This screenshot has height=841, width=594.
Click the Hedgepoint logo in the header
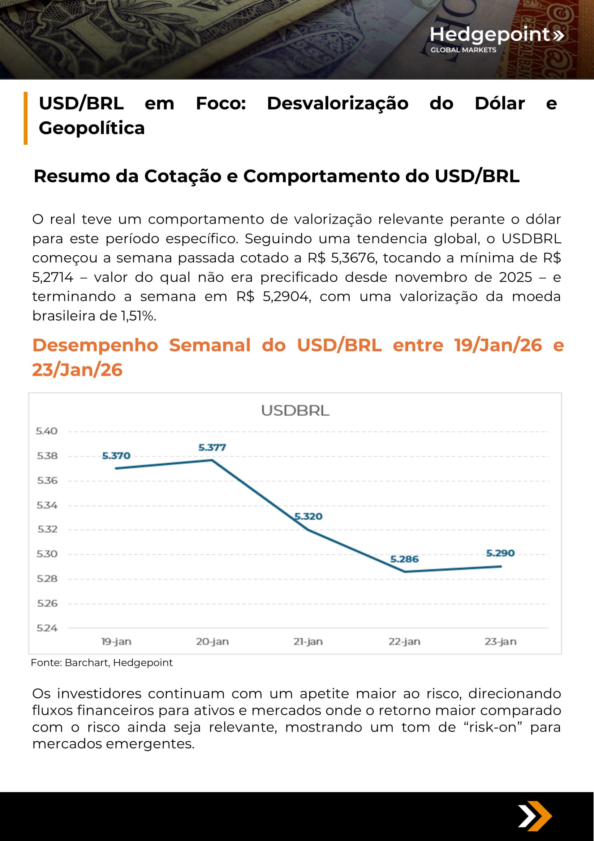click(496, 38)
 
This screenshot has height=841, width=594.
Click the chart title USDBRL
click(295, 411)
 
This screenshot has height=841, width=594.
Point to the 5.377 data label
click(212, 447)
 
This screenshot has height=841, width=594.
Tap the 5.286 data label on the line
click(404, 559)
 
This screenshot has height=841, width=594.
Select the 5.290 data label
click(500, 553)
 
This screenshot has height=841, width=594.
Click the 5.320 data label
click(308, 517)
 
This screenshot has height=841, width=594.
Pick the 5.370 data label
click(116, 456)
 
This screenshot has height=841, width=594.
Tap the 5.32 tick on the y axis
click(47, 529)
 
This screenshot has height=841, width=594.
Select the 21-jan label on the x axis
click(308, 642)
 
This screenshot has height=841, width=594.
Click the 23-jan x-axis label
click(500, 642)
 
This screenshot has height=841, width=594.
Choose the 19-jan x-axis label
click(116, 642)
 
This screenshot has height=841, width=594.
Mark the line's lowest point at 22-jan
click(404, 571)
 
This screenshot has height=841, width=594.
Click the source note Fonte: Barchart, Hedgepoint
click(101, 663)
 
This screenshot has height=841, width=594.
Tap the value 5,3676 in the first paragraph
click(353, 258)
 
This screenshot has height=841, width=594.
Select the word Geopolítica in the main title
click(92, 128)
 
